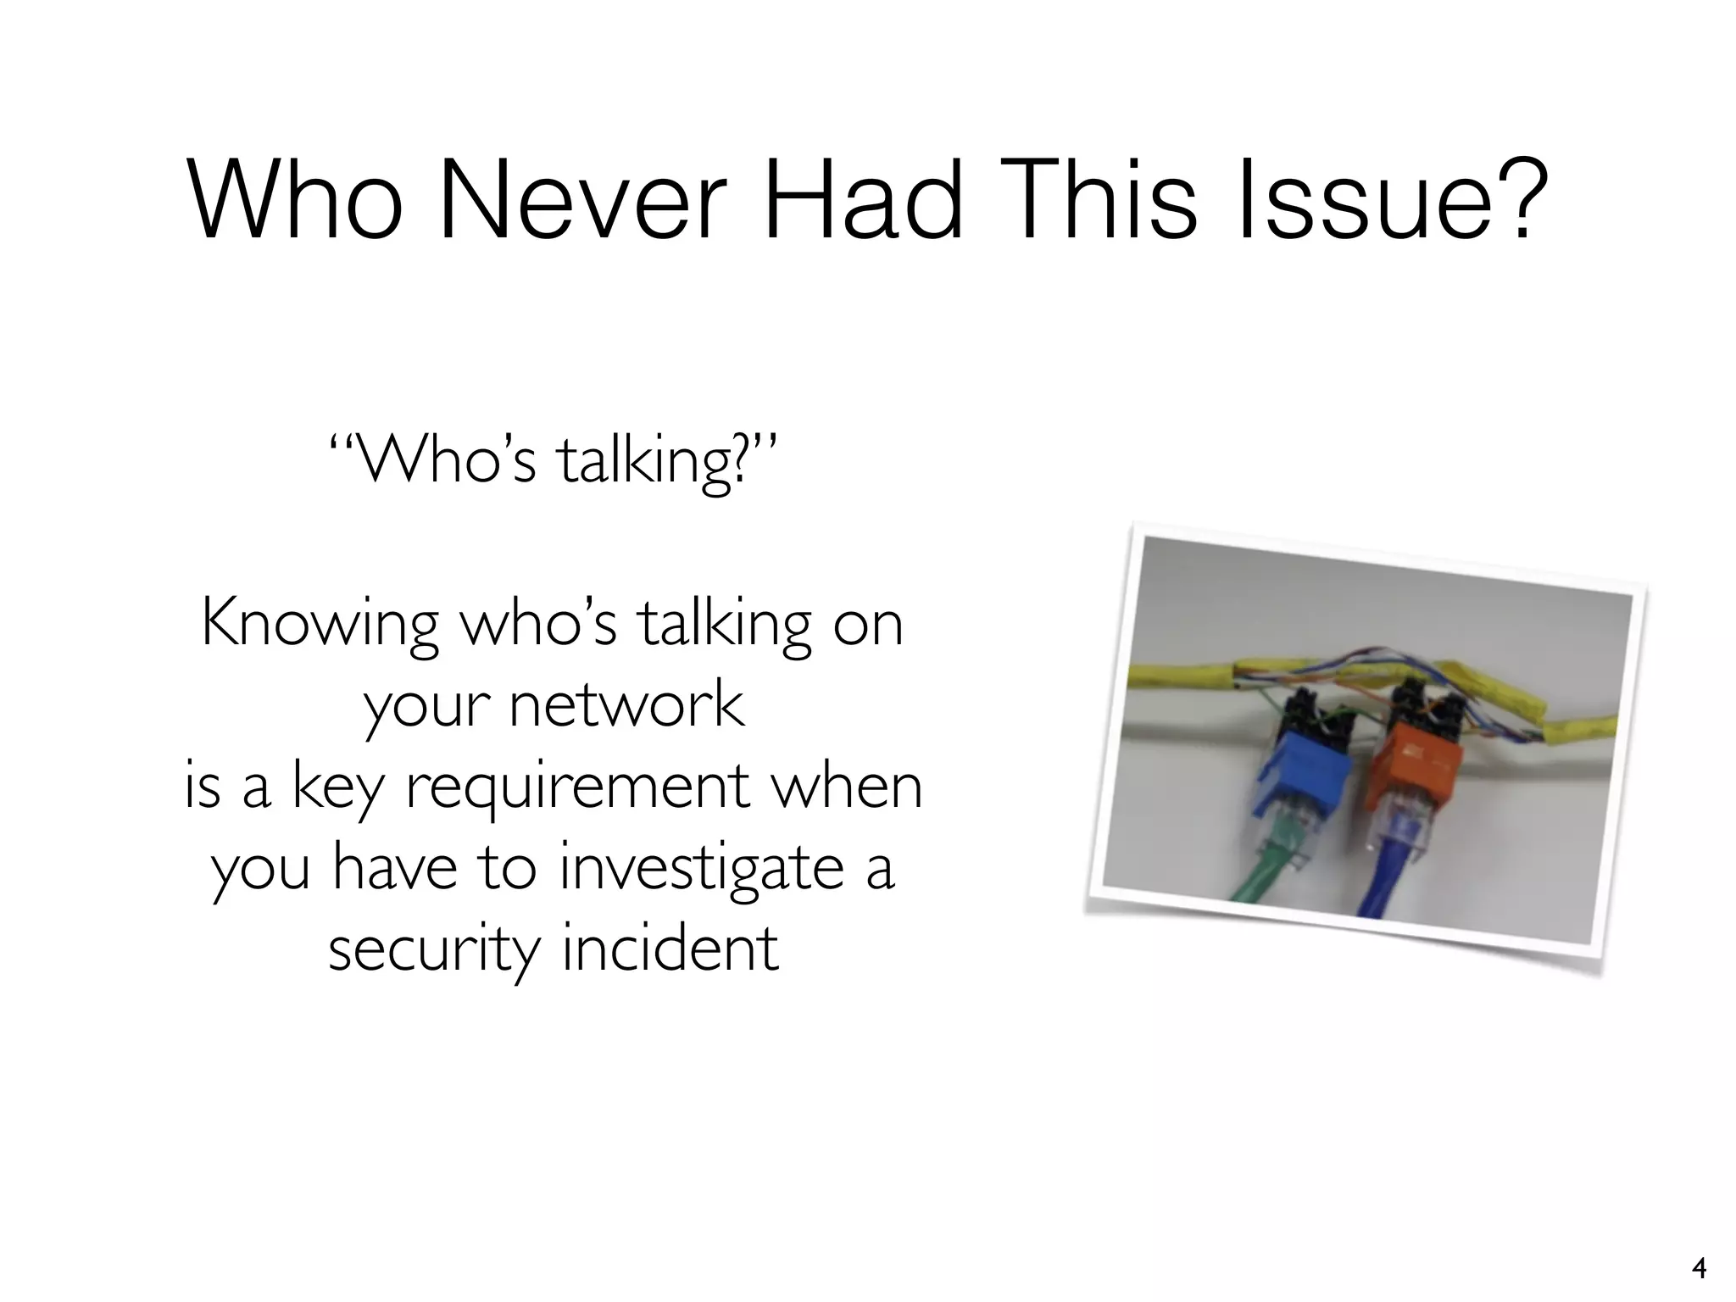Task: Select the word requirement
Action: tap(578, 787)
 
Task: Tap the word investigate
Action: tap(701, 868)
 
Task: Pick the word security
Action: tap(433, 949)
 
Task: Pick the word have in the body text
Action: tap(394, 868)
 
